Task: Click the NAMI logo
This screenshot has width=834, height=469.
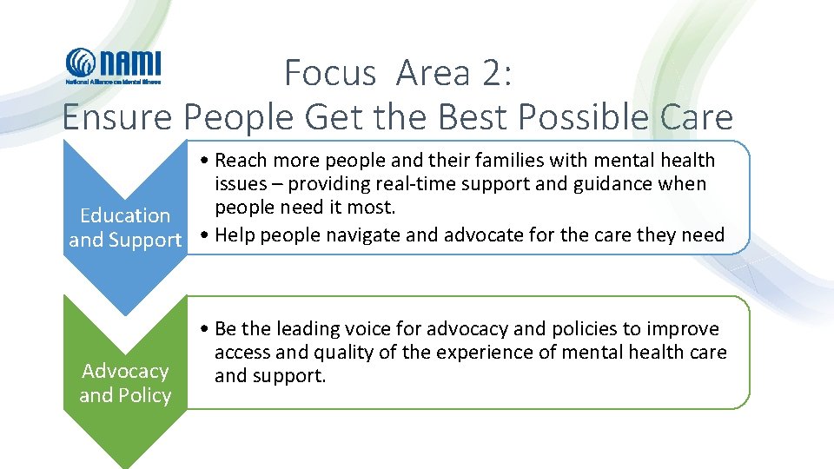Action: point(113,65)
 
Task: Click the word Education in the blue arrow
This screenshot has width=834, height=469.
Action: point(125,215)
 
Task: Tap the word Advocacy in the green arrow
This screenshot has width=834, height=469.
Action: point(125,371)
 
